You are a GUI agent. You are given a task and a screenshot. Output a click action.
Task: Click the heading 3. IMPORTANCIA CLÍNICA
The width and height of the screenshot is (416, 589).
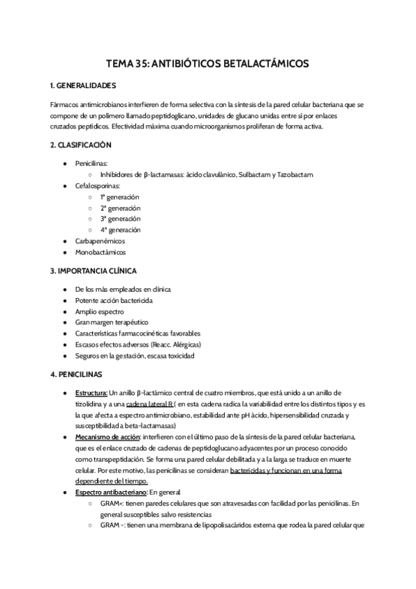tap(94, 270)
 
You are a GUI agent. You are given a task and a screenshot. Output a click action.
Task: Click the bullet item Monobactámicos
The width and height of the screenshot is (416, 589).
tap(101, 252)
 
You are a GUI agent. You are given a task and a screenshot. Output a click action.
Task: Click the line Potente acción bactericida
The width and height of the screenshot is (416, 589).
tap(114, 301)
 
